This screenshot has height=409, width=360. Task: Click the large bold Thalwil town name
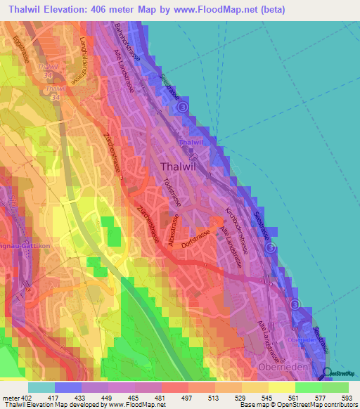click(x=181, y=167)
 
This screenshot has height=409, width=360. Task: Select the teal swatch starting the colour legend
click(x=41, y=387)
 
